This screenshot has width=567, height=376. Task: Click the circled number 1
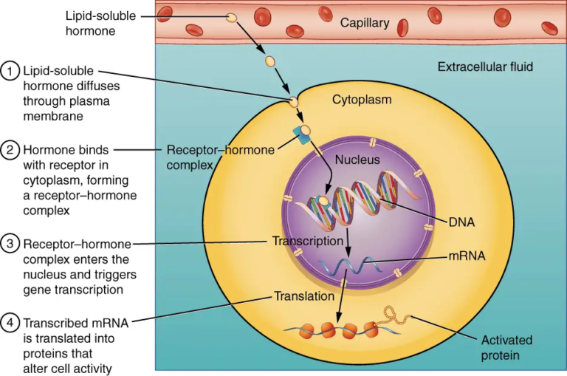click(10, 71)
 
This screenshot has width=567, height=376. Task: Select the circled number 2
click(10, 151)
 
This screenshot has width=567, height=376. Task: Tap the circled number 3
click(10, 245)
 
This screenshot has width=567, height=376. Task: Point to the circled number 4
click(10, 324)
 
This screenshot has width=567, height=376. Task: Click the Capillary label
click(364, 24)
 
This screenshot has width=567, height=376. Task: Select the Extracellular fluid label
click(485, 67)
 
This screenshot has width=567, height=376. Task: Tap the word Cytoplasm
click(362, 99)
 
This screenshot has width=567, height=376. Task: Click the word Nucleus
click(357, 160)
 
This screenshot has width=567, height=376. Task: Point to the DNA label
click(461, 221)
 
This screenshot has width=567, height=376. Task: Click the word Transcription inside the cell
click(307, 241)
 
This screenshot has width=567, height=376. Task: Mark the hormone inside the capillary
click(232, 17)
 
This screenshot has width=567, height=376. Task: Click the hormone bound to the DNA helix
click(323, 200)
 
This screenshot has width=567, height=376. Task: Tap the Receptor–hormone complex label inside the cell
click(220, 157)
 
